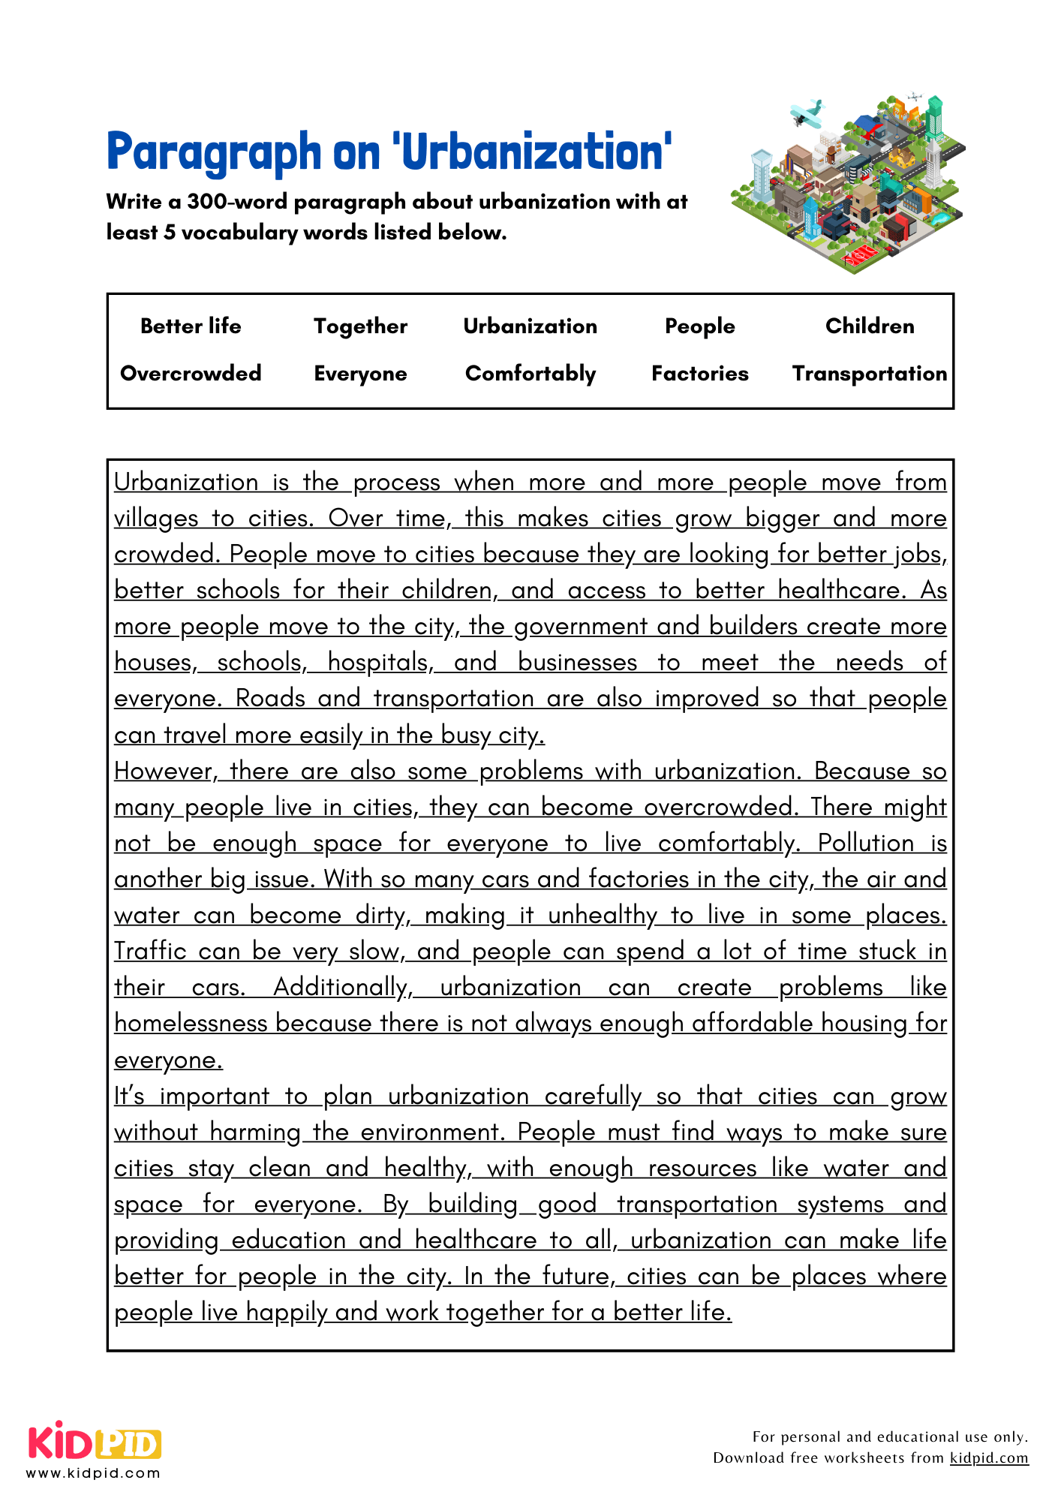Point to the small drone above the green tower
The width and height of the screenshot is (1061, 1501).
[914, 97]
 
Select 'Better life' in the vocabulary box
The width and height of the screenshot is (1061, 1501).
[191, 326]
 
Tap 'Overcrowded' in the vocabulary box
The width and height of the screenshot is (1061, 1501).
[191, 374]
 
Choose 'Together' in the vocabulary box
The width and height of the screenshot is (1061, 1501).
[360, 326]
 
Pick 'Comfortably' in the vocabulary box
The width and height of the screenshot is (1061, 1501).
[530, 374]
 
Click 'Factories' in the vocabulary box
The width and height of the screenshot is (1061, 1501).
[699, 374]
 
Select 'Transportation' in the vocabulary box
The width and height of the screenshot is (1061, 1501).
[870, 374]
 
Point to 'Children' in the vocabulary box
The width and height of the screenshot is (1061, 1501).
[870, 326]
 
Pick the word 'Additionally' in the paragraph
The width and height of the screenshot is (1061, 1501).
[342, 988]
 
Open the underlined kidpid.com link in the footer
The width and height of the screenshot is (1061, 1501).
[988, 1458]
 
